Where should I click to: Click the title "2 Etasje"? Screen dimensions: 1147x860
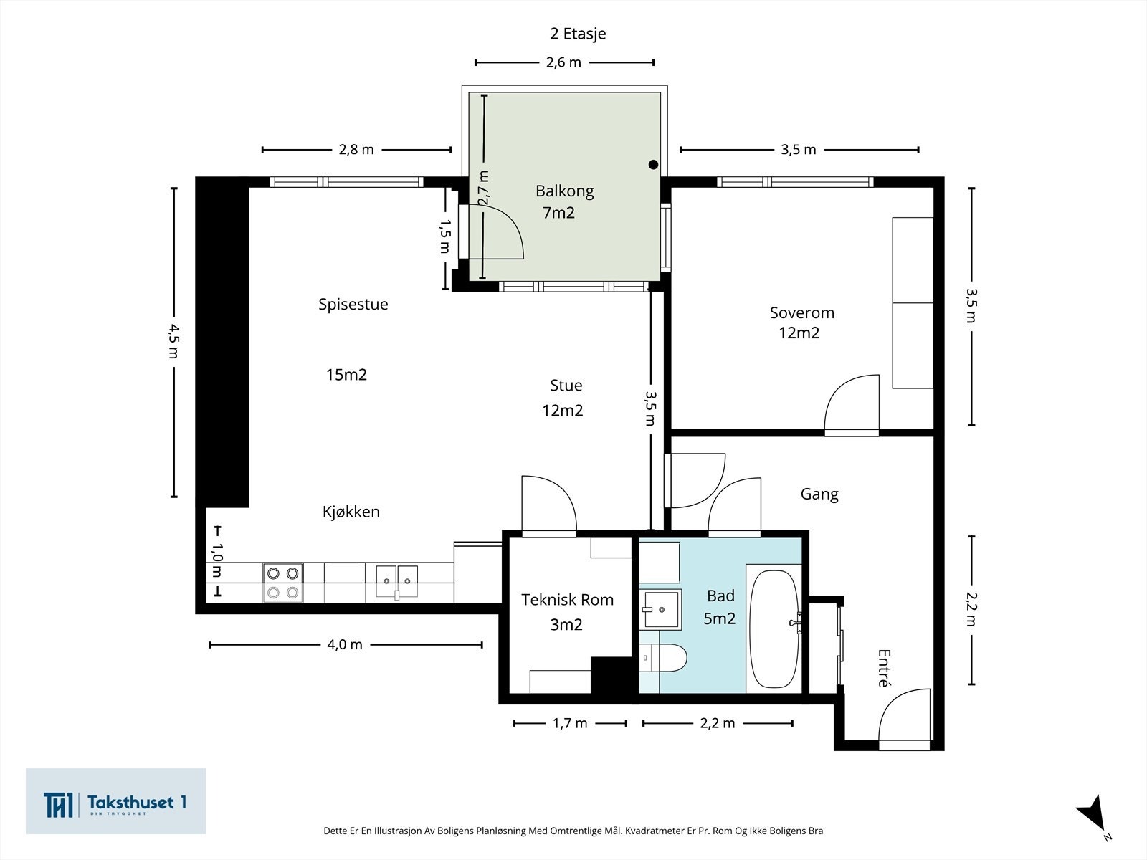pyautogui.click(x=578, y=34)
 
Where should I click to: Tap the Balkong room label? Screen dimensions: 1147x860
pyautogui.click(x=564, y=191)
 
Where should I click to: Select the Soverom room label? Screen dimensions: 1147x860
pyautogui.click(x=801, y=312)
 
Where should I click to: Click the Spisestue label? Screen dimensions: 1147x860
pyautogui.click(x=353, y=305)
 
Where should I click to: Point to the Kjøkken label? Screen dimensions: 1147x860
pyautogui.click(x=351, y=512)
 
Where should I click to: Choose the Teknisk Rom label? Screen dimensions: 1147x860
pyautogui.click(x=567, y=599)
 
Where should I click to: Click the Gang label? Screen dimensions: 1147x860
pyautogui.click(x=819, y=494)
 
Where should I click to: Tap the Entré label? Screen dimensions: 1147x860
pyautogui.click(x=884, y=668)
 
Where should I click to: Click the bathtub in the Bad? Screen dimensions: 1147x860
pyautogui.click(x=774, y=629)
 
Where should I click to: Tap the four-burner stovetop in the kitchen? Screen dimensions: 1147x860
pyautogui.click(x=282, y=583)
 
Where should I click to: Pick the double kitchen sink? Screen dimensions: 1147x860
pyautogui.click(x=397, y=581)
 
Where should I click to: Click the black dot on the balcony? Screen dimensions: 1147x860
pyautogui.click(x=653, y=165)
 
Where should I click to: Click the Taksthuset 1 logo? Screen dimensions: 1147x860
pyautogui.click(x=115, y=801)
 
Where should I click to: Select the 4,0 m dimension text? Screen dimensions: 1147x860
pyautogui.click(x=345, y=645)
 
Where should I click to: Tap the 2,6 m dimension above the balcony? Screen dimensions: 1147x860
pyautogui.click(x=564, y=62)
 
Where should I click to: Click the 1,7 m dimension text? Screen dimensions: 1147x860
pyautogui.click(x=570, y=723)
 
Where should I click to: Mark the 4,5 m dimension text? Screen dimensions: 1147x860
pyautogui.click(x=173, y=342)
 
